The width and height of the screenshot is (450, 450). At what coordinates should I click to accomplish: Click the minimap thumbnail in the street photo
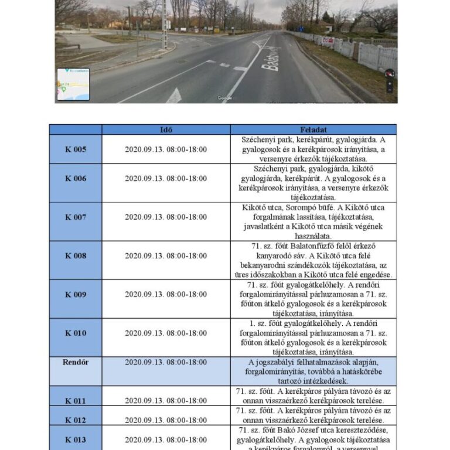pos(73,84)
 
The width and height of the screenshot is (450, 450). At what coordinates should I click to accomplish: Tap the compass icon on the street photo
pos(390,74)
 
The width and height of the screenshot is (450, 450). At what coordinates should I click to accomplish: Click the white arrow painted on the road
pos(174,96)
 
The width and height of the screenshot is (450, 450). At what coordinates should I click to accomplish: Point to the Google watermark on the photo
pos(225,98)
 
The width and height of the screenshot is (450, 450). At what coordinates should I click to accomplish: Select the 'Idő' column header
pos(166,129)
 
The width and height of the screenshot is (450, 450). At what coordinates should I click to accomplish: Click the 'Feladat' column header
pos(313,129)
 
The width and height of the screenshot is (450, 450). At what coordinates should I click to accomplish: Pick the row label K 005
pos(76,149)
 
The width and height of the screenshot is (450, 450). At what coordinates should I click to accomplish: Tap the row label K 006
pos(76,178)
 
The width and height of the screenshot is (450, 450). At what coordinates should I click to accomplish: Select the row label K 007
pos(76,217)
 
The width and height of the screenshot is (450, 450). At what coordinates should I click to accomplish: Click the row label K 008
pos(76,255)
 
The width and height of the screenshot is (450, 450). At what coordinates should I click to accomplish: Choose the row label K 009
pos(76,294)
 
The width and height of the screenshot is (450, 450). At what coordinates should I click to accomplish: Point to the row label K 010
pos(76,333)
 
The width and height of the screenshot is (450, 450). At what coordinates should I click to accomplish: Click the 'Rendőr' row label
pos(76,362)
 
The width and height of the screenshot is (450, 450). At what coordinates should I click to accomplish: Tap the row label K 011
pos(76,401)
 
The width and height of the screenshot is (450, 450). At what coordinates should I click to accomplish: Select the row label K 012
pos(76,420)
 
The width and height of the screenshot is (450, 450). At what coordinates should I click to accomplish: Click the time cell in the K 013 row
pos(166,439)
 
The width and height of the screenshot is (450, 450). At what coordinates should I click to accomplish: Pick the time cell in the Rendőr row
pos(166,362)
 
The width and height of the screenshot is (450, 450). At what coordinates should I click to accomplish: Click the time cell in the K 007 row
pos(166,217)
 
